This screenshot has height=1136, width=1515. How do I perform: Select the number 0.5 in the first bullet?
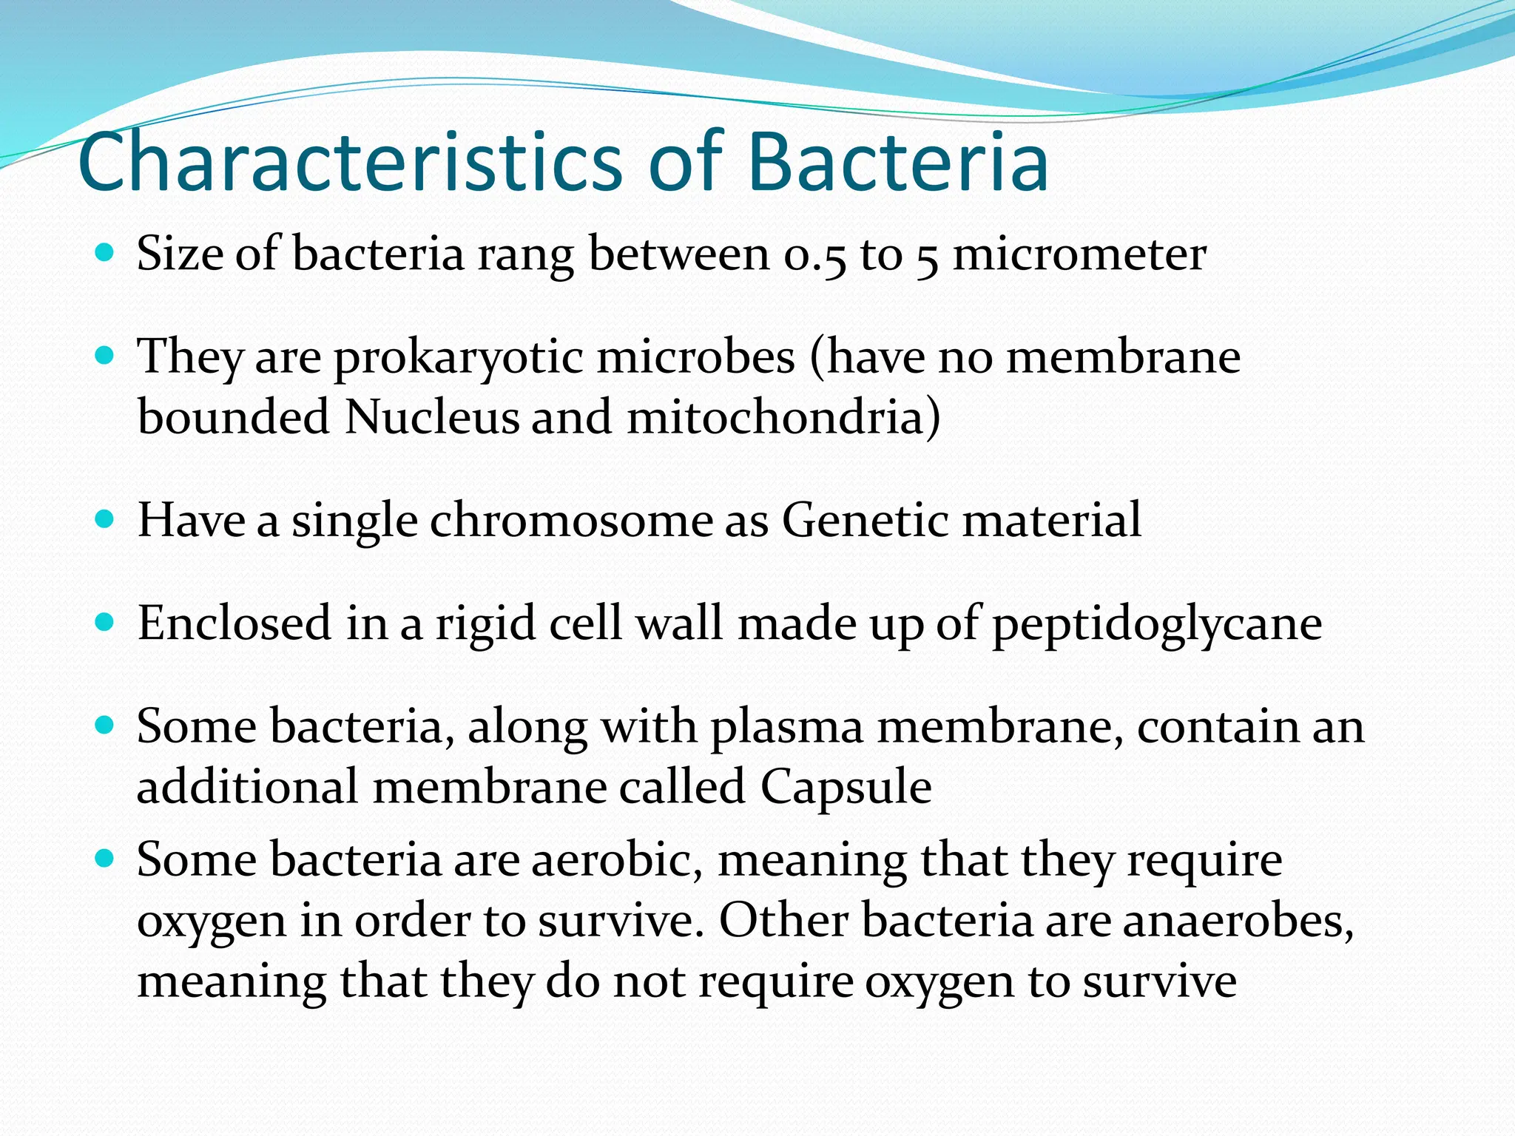[x=814, y=255]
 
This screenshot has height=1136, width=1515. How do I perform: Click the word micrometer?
[x=1079, y=255]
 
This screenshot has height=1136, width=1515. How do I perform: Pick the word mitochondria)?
[x=783, y=418]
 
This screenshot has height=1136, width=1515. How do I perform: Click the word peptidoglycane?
[x=1156, y=625]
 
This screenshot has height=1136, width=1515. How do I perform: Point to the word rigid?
[x=485, y=625]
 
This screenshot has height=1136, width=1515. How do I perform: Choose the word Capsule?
[x=846, y=787]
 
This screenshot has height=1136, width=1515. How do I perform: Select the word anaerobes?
[x=1238, y=922]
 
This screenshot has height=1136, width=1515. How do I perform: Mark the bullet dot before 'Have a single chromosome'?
[x=106, y=520]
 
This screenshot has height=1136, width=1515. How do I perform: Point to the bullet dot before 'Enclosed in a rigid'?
[x=106, y=623]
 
